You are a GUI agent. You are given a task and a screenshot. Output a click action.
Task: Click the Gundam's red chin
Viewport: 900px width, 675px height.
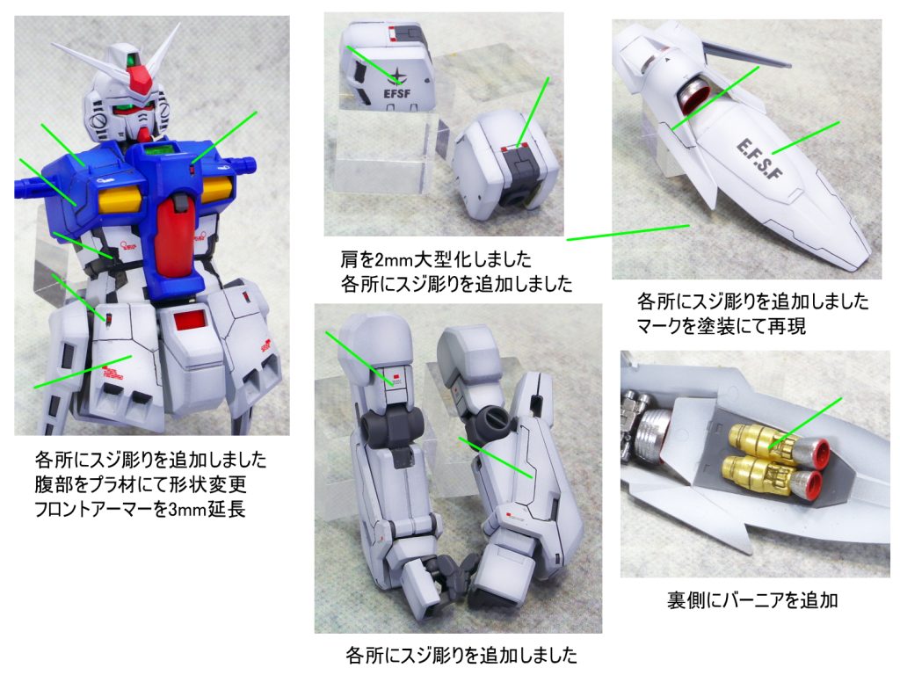(x=146, y=134)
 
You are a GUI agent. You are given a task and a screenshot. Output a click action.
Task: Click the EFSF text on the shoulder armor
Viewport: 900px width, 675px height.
(x=396, y=92)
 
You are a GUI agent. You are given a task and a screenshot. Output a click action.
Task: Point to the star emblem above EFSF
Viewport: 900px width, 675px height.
(x=396, y=76)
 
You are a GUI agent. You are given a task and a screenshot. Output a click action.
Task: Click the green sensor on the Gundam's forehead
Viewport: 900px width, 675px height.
(x=133, y=60)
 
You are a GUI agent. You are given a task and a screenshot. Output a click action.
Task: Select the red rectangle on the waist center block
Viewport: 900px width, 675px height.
(x=190, y=320)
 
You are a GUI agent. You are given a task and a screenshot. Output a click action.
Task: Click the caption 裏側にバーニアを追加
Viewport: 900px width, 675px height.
(x=752, y=600)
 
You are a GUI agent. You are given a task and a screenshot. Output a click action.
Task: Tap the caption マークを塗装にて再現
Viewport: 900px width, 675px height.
(x=722, y=326)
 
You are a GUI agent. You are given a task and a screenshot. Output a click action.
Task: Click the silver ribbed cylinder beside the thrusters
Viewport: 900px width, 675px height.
(x=653, y=439)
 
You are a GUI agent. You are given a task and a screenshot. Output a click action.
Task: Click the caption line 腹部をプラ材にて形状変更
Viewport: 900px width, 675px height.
(x=141, y=484)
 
